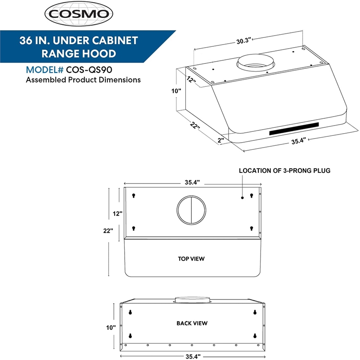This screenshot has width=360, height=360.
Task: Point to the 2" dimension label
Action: [220, 140]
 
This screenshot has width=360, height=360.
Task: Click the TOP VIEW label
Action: [192, 259]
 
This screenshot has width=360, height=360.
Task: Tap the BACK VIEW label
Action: [192, 323]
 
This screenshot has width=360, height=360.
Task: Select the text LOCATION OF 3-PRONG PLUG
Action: [284, 171]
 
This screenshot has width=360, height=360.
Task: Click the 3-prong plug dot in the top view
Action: [243, 197]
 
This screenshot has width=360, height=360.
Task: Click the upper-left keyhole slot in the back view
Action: [130, 312]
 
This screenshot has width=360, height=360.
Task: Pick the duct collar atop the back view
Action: [192, 299]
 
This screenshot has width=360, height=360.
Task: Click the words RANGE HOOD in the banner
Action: [78, 54]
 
